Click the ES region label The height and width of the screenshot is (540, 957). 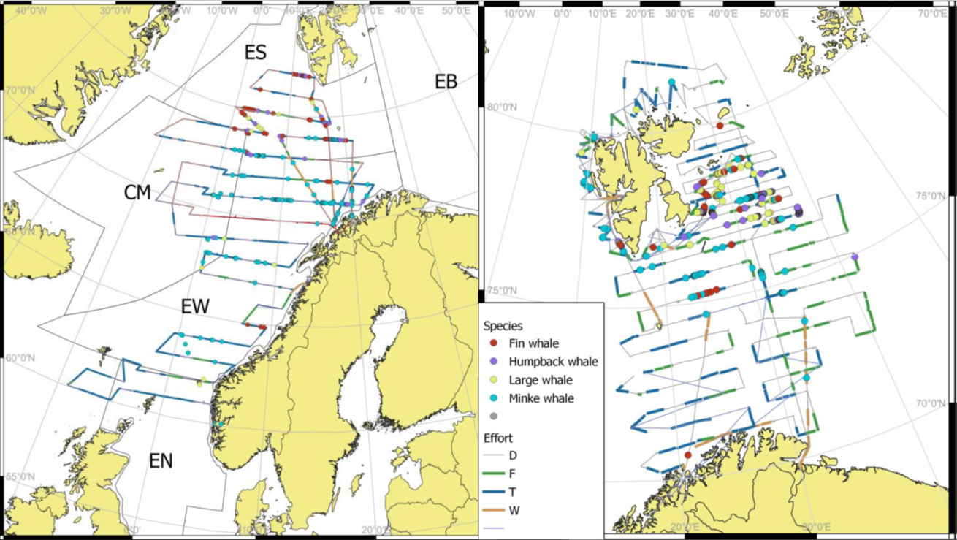[256, 53]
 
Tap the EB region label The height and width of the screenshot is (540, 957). [446, 82]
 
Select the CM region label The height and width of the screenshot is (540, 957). [137, 192]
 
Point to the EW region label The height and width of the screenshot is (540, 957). [196, 307]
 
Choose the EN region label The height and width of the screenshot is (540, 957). [161, 460]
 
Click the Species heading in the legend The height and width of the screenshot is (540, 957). [504, 325]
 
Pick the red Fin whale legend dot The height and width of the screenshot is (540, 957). [494, 343]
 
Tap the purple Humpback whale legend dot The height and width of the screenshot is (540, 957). [494, 361]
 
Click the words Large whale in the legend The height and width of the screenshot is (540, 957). [541, 380]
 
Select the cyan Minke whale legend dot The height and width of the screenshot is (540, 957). [494, 398]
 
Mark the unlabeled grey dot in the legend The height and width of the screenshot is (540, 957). [494, 417]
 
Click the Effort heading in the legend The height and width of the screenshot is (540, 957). [499, 438]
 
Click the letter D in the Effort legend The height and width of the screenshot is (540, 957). [513, 455]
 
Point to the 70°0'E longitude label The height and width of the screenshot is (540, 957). [933, 13]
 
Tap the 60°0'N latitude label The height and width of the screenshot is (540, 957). [20, 358]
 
